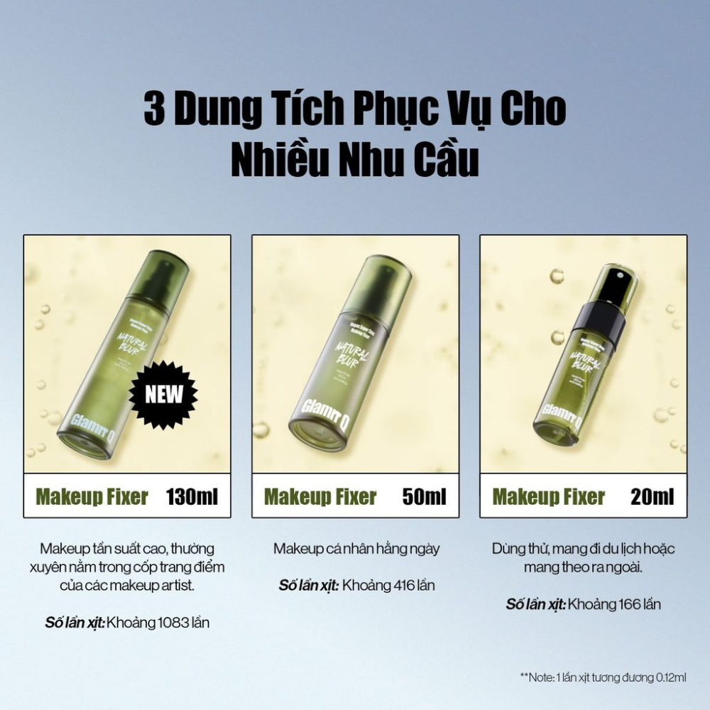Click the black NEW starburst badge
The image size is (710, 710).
[163, 394]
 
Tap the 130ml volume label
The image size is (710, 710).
[192, 496]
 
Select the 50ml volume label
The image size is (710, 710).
[425, 496]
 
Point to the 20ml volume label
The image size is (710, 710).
[652, 496]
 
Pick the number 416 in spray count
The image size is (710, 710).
[399, 586]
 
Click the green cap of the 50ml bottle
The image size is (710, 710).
[377, 284]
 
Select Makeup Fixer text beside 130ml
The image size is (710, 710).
[92, 496]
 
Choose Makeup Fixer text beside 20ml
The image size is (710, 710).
[549, 496]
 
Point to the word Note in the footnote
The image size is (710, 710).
[542, 678]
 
